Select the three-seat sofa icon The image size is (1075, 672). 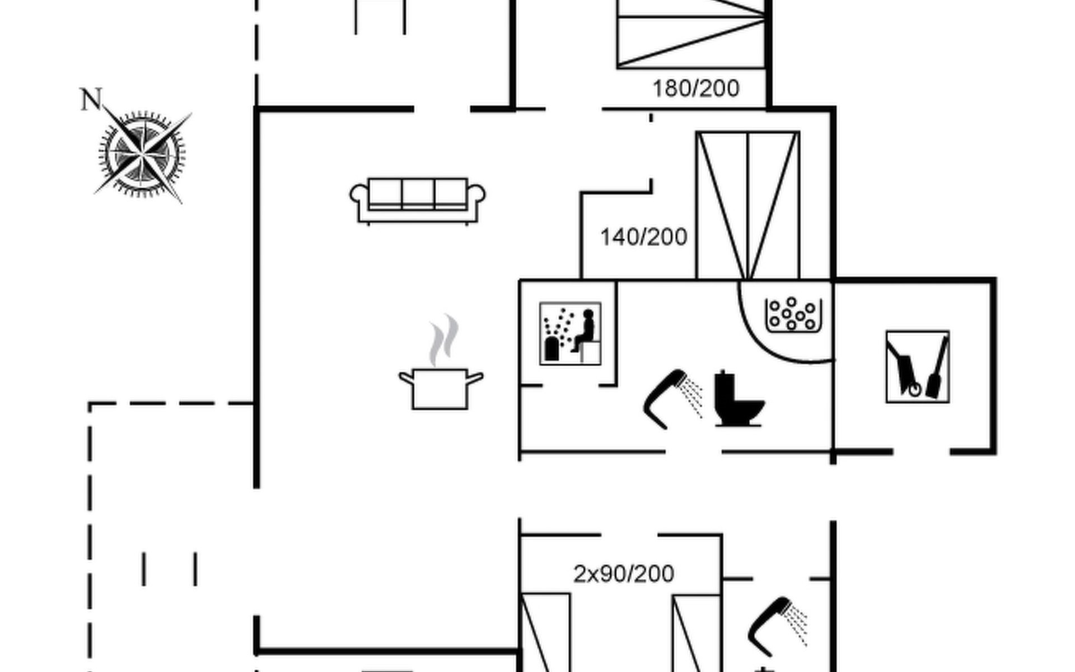tap(417, 200)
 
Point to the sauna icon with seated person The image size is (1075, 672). tap(570, 334)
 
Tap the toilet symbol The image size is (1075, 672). tap(737, 399)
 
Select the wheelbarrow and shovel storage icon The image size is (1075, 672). tap(917, 367)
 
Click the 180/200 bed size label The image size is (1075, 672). tap(695, 88)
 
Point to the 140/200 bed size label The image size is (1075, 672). tap(643, 237)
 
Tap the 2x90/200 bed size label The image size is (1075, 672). tap(624, 574)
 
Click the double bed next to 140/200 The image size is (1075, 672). tap(747, 206)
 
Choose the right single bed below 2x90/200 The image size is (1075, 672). tap(696, 633)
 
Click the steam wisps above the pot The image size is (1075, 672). tap(443, 339)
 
